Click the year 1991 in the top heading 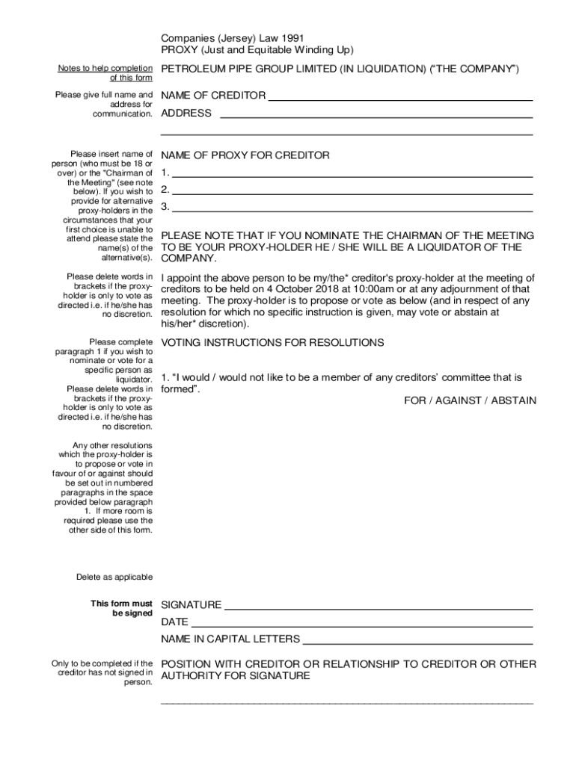[292, 37]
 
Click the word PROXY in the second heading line [180, 50]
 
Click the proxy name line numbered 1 [352, 175]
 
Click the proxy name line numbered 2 [352, 192]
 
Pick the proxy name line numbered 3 [352, 209]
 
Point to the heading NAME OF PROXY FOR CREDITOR [245, 155]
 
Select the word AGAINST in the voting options [458, 400]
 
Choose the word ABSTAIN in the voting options [514, 400]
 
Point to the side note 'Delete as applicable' [114, 577]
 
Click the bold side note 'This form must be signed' [121, 608]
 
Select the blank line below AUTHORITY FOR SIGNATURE [347, 702]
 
